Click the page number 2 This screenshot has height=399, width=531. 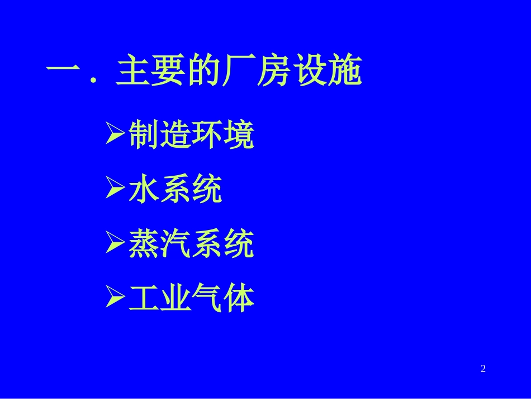483,368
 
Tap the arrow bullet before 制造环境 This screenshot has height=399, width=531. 115,135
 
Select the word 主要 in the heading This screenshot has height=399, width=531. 148,71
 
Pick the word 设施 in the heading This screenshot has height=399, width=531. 329,71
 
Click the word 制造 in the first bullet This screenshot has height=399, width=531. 160,136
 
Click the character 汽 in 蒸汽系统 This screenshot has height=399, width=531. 176,245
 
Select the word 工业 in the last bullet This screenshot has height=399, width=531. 160,299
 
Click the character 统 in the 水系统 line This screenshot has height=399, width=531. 207,190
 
